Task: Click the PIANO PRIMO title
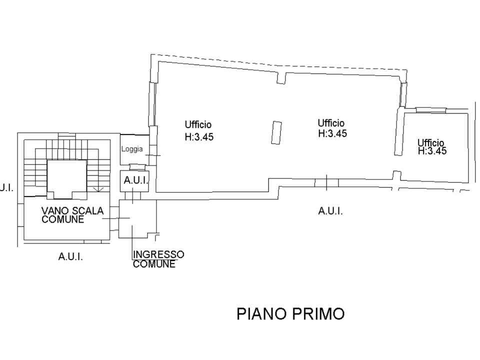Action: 290,314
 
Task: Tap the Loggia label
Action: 132,149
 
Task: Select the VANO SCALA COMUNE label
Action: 72,215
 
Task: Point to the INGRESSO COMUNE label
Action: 158,259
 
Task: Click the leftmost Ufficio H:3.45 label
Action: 199,130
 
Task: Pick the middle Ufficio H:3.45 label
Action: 332,128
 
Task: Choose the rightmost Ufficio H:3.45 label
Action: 432,147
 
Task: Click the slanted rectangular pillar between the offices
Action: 276,132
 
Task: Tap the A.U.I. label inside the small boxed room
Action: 136,180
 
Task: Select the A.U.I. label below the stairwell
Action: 70,256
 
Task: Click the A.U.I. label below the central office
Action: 330,211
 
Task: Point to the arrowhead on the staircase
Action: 98,189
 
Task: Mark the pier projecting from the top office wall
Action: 281,78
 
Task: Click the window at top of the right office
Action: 430,110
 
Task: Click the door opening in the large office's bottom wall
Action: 326,183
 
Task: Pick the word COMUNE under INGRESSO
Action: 154,264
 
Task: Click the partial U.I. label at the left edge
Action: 6,187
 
